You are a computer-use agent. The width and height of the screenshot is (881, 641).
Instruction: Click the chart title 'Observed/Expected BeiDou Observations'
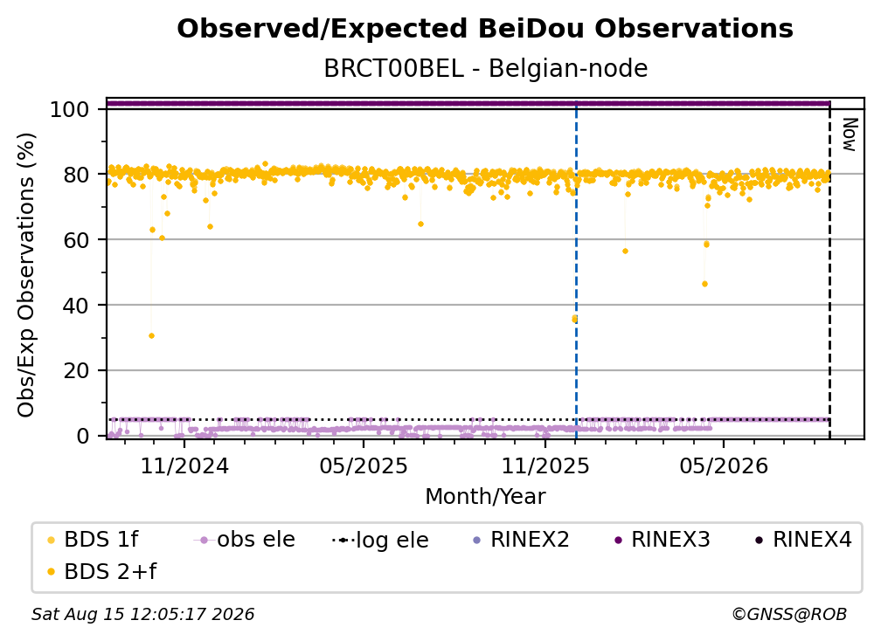coord(485,29)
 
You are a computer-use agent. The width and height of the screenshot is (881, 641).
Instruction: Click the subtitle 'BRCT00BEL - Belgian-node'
coord(485,68)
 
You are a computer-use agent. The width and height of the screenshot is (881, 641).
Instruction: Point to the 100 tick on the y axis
coord(70,109)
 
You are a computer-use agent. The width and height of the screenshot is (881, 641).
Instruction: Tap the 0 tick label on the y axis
coord(83,436)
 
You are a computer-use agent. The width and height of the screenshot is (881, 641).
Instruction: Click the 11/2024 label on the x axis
coord(184,466)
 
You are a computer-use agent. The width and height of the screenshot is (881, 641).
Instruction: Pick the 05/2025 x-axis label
coord(364,466)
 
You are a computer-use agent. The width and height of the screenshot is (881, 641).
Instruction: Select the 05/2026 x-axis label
coord(724,466)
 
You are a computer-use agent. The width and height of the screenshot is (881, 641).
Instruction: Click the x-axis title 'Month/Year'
coord(485,497)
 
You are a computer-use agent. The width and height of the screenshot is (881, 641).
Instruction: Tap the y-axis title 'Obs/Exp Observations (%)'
coord(26,275)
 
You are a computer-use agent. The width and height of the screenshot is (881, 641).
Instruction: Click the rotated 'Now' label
coord(849,134)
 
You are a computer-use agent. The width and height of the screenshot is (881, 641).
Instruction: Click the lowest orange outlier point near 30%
coord(152,336)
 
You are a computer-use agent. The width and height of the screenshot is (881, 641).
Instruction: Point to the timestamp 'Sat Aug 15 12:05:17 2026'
coord(142,615)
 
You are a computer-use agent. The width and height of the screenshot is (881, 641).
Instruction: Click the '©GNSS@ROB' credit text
coord(789,615)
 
